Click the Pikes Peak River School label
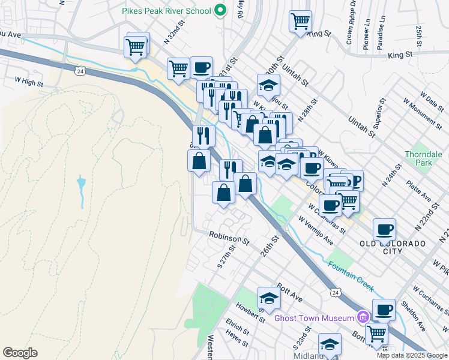tap(166, 11)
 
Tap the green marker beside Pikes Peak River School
tap(220, 10)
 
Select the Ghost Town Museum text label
tap(314, 317)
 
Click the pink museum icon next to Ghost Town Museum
tap(363, 317)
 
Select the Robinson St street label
tap(229, 238)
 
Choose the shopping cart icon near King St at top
tap(300, 22)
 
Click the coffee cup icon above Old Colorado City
tap(384, 229)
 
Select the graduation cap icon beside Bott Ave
tap(269, 298)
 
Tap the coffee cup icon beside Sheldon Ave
tap(384, 310)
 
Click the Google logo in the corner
tap(20, 352)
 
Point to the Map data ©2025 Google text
tap(412, 355)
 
